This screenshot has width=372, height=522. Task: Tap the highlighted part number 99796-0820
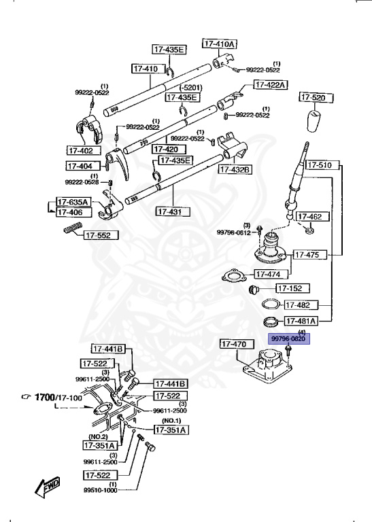coord(289,339)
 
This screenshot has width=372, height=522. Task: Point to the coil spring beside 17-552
coord(73,228)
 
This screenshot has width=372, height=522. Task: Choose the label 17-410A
coord(220,43)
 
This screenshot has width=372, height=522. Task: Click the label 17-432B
coord(235,169)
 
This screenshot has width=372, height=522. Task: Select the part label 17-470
coord(237,344)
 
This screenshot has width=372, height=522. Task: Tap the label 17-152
coord(293,288)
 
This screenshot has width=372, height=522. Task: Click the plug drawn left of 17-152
coord(255,289)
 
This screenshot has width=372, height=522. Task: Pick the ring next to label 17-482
coord(271,304)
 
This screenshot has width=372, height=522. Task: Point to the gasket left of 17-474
coord(234,275)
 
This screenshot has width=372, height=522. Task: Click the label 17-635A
coord(73,202)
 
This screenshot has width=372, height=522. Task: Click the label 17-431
coord(173,211)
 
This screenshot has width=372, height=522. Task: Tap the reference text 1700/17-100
coord(58,397)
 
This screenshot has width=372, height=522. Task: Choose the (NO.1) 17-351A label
coord(171,430)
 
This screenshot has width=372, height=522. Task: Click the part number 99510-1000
coord(100,490)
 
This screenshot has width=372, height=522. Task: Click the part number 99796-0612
coord(233,232)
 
